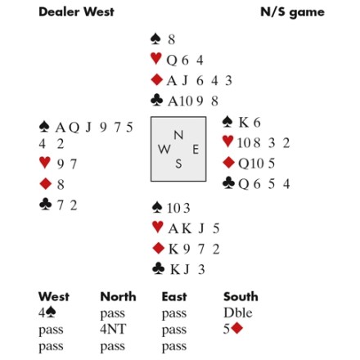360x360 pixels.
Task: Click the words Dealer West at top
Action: pos(76,11)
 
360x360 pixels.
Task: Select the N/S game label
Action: pos(292,12)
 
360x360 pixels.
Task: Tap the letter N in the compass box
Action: pos(178,135)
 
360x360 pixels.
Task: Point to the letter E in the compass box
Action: pos(196,150)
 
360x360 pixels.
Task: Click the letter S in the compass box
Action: pos(178,164)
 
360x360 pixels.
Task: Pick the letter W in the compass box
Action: pos(164,149)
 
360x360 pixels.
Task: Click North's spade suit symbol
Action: pos(155,39)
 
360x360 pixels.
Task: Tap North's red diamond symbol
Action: pos(156,80)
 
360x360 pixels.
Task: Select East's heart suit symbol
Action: pos(227,142)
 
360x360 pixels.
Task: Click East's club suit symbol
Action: pos(228,183)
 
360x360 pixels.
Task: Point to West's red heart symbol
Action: pos(45,163)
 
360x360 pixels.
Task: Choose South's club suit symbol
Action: pos(159,268)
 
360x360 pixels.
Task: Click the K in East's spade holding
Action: pos(244,123)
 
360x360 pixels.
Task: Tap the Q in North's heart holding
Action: pos(172,60)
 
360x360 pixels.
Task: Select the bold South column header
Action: pos(241,296)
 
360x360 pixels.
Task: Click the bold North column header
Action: pos(118,296)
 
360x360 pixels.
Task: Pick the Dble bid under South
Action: pos(238,313)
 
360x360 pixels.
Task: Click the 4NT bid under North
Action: pos(113,329)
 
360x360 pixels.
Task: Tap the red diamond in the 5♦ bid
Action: pos(237,328)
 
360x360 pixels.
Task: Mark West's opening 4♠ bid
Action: pos(47,313)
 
